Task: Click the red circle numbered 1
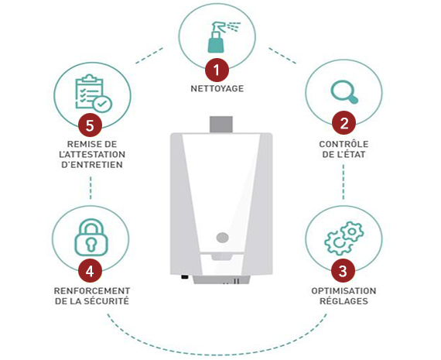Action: click(x=217, y=70)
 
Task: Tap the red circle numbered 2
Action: click(x=344, y=123)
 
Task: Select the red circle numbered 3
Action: click(x=343, y=271)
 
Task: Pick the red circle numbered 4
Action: click(x=90, y=271)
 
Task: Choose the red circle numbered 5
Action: click(x=90, y=125)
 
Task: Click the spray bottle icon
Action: click(x=224, y=37)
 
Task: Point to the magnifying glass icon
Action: click(x=344, y=92)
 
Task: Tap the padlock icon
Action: click(x=91, y=238)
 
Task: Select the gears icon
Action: click(x=344, y=238)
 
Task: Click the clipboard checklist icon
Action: click(x=94, y=94)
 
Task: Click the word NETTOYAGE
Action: click(x=217, y=89)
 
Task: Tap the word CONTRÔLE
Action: click(x=344, y=144)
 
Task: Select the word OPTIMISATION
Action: click(x=344, y=291)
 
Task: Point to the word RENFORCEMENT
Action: click(x=92, y=291)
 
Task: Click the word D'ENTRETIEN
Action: click(x=92, y=165)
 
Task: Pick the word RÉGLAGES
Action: click(x=344, y=301)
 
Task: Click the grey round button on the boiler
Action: click(x=223, y=238)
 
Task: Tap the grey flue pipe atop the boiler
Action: click(x=221, y=124)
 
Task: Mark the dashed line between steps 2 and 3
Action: click(x=343, y=182)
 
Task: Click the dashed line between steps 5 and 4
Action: click(x=91, y=187)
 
